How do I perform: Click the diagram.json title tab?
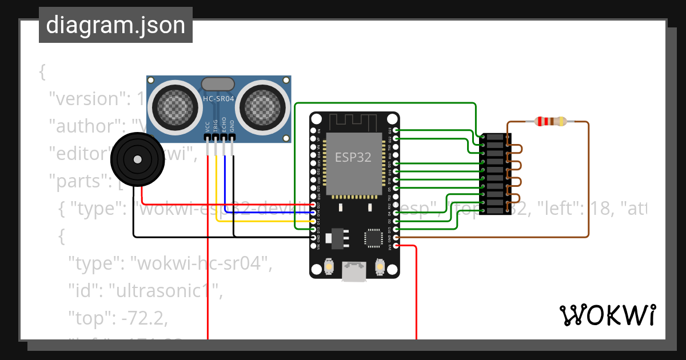click(115, 25)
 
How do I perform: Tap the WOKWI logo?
click(607, 315)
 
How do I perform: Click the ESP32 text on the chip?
click(353, 158)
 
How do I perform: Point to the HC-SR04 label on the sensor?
click(219, 99)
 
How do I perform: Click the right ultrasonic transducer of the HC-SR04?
click(263, 105)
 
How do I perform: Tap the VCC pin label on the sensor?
click(208, 127)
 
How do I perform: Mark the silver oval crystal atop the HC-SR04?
click(218, 84)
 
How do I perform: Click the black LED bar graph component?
click(495, 174)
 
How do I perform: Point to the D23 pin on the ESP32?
click(396, 131)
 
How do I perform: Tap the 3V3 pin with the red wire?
click(396, 246)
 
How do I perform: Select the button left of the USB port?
click(329, 266)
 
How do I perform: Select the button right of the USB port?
click(379, 266)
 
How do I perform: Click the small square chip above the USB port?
click(373, 238)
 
